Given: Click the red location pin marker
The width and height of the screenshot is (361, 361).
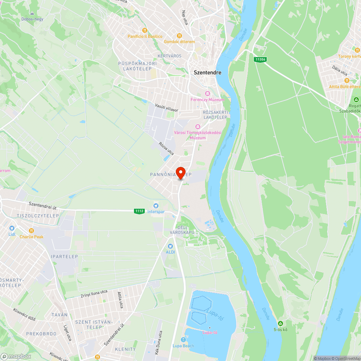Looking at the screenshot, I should click(x=180, y=173).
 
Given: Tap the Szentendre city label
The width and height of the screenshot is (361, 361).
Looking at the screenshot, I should click(x=208, y=72).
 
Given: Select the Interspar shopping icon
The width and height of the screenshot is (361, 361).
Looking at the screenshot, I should click(x=156, y=205).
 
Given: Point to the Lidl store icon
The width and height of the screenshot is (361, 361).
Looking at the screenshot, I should click(x=12, y=228).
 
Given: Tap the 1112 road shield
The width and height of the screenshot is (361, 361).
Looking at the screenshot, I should click(x=139, y=211).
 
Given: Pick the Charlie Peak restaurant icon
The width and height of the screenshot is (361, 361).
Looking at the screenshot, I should click(x=31, y=231).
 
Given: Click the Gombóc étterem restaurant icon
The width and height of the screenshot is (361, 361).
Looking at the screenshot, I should click(x=179, y=35).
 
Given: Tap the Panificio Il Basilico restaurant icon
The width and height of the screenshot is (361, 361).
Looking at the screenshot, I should click(x=145, y=30).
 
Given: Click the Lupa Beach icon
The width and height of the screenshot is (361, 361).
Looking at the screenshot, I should click(x=184, y=340).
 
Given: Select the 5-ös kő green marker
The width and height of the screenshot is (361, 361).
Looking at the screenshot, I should click(x=280, y=323).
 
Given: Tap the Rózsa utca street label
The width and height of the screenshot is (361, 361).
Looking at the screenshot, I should click(x=166, y=149).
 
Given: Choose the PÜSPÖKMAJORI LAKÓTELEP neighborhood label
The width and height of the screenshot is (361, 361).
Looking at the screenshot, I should click(x=138, y=66).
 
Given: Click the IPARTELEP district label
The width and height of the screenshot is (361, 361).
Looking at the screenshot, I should click(x=65, y=257).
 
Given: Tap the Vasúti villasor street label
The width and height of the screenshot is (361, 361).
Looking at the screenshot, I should click(x=167, y=107).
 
